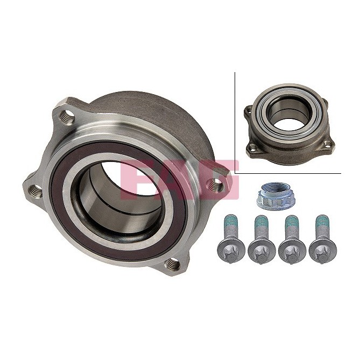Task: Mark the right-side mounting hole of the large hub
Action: (x=216, y=185)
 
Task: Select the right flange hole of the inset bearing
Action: (x=326, y=143)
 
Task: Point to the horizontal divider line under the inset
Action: (x=291, y=174)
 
